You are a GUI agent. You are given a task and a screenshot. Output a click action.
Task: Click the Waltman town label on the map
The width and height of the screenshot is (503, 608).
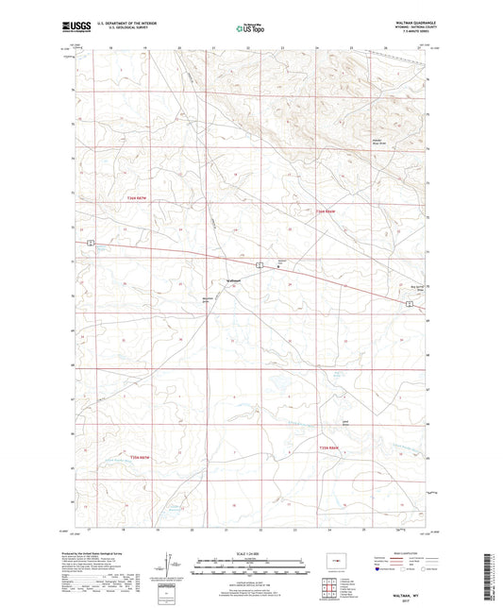click(x=234, y=279)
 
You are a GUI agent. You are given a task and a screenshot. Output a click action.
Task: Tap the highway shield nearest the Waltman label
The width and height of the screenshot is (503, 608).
click(x=260, y=264)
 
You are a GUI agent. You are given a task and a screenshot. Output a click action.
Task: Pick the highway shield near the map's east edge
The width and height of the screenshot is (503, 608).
click(x=409, y=304)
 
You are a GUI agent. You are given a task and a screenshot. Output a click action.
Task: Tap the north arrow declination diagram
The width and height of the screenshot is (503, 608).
click(x=172, y=566)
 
